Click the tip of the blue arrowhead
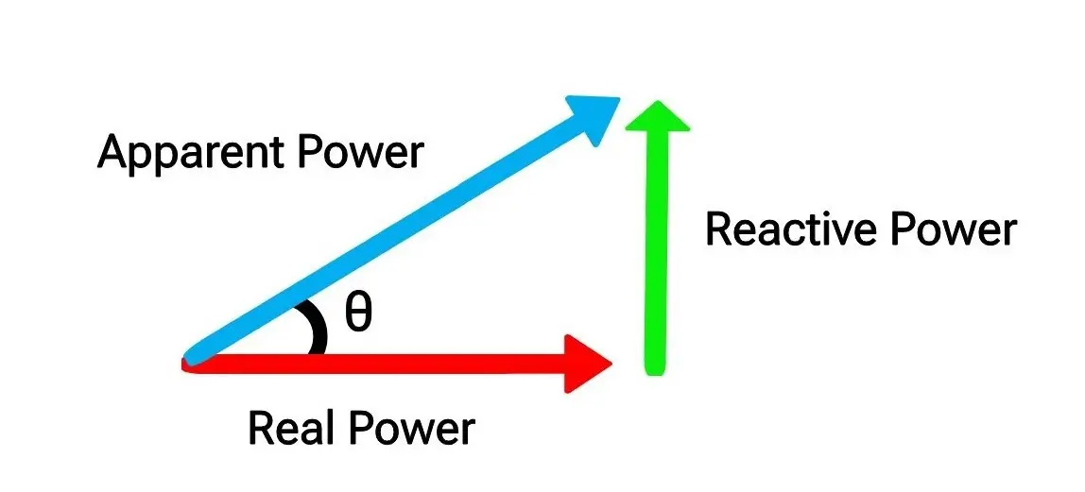(x=618, y=96)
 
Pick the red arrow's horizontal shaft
(x=378, y=363)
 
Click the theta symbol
(x=357, y=313)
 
